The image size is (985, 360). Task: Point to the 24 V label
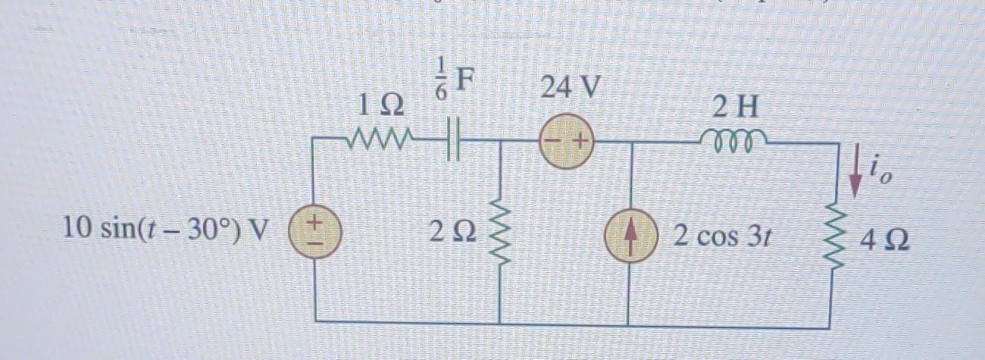[568, 90]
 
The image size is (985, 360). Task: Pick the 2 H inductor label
[734, 108]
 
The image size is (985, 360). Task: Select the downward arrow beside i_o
[855, 180]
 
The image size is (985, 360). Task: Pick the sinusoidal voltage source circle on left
[316, 230]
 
